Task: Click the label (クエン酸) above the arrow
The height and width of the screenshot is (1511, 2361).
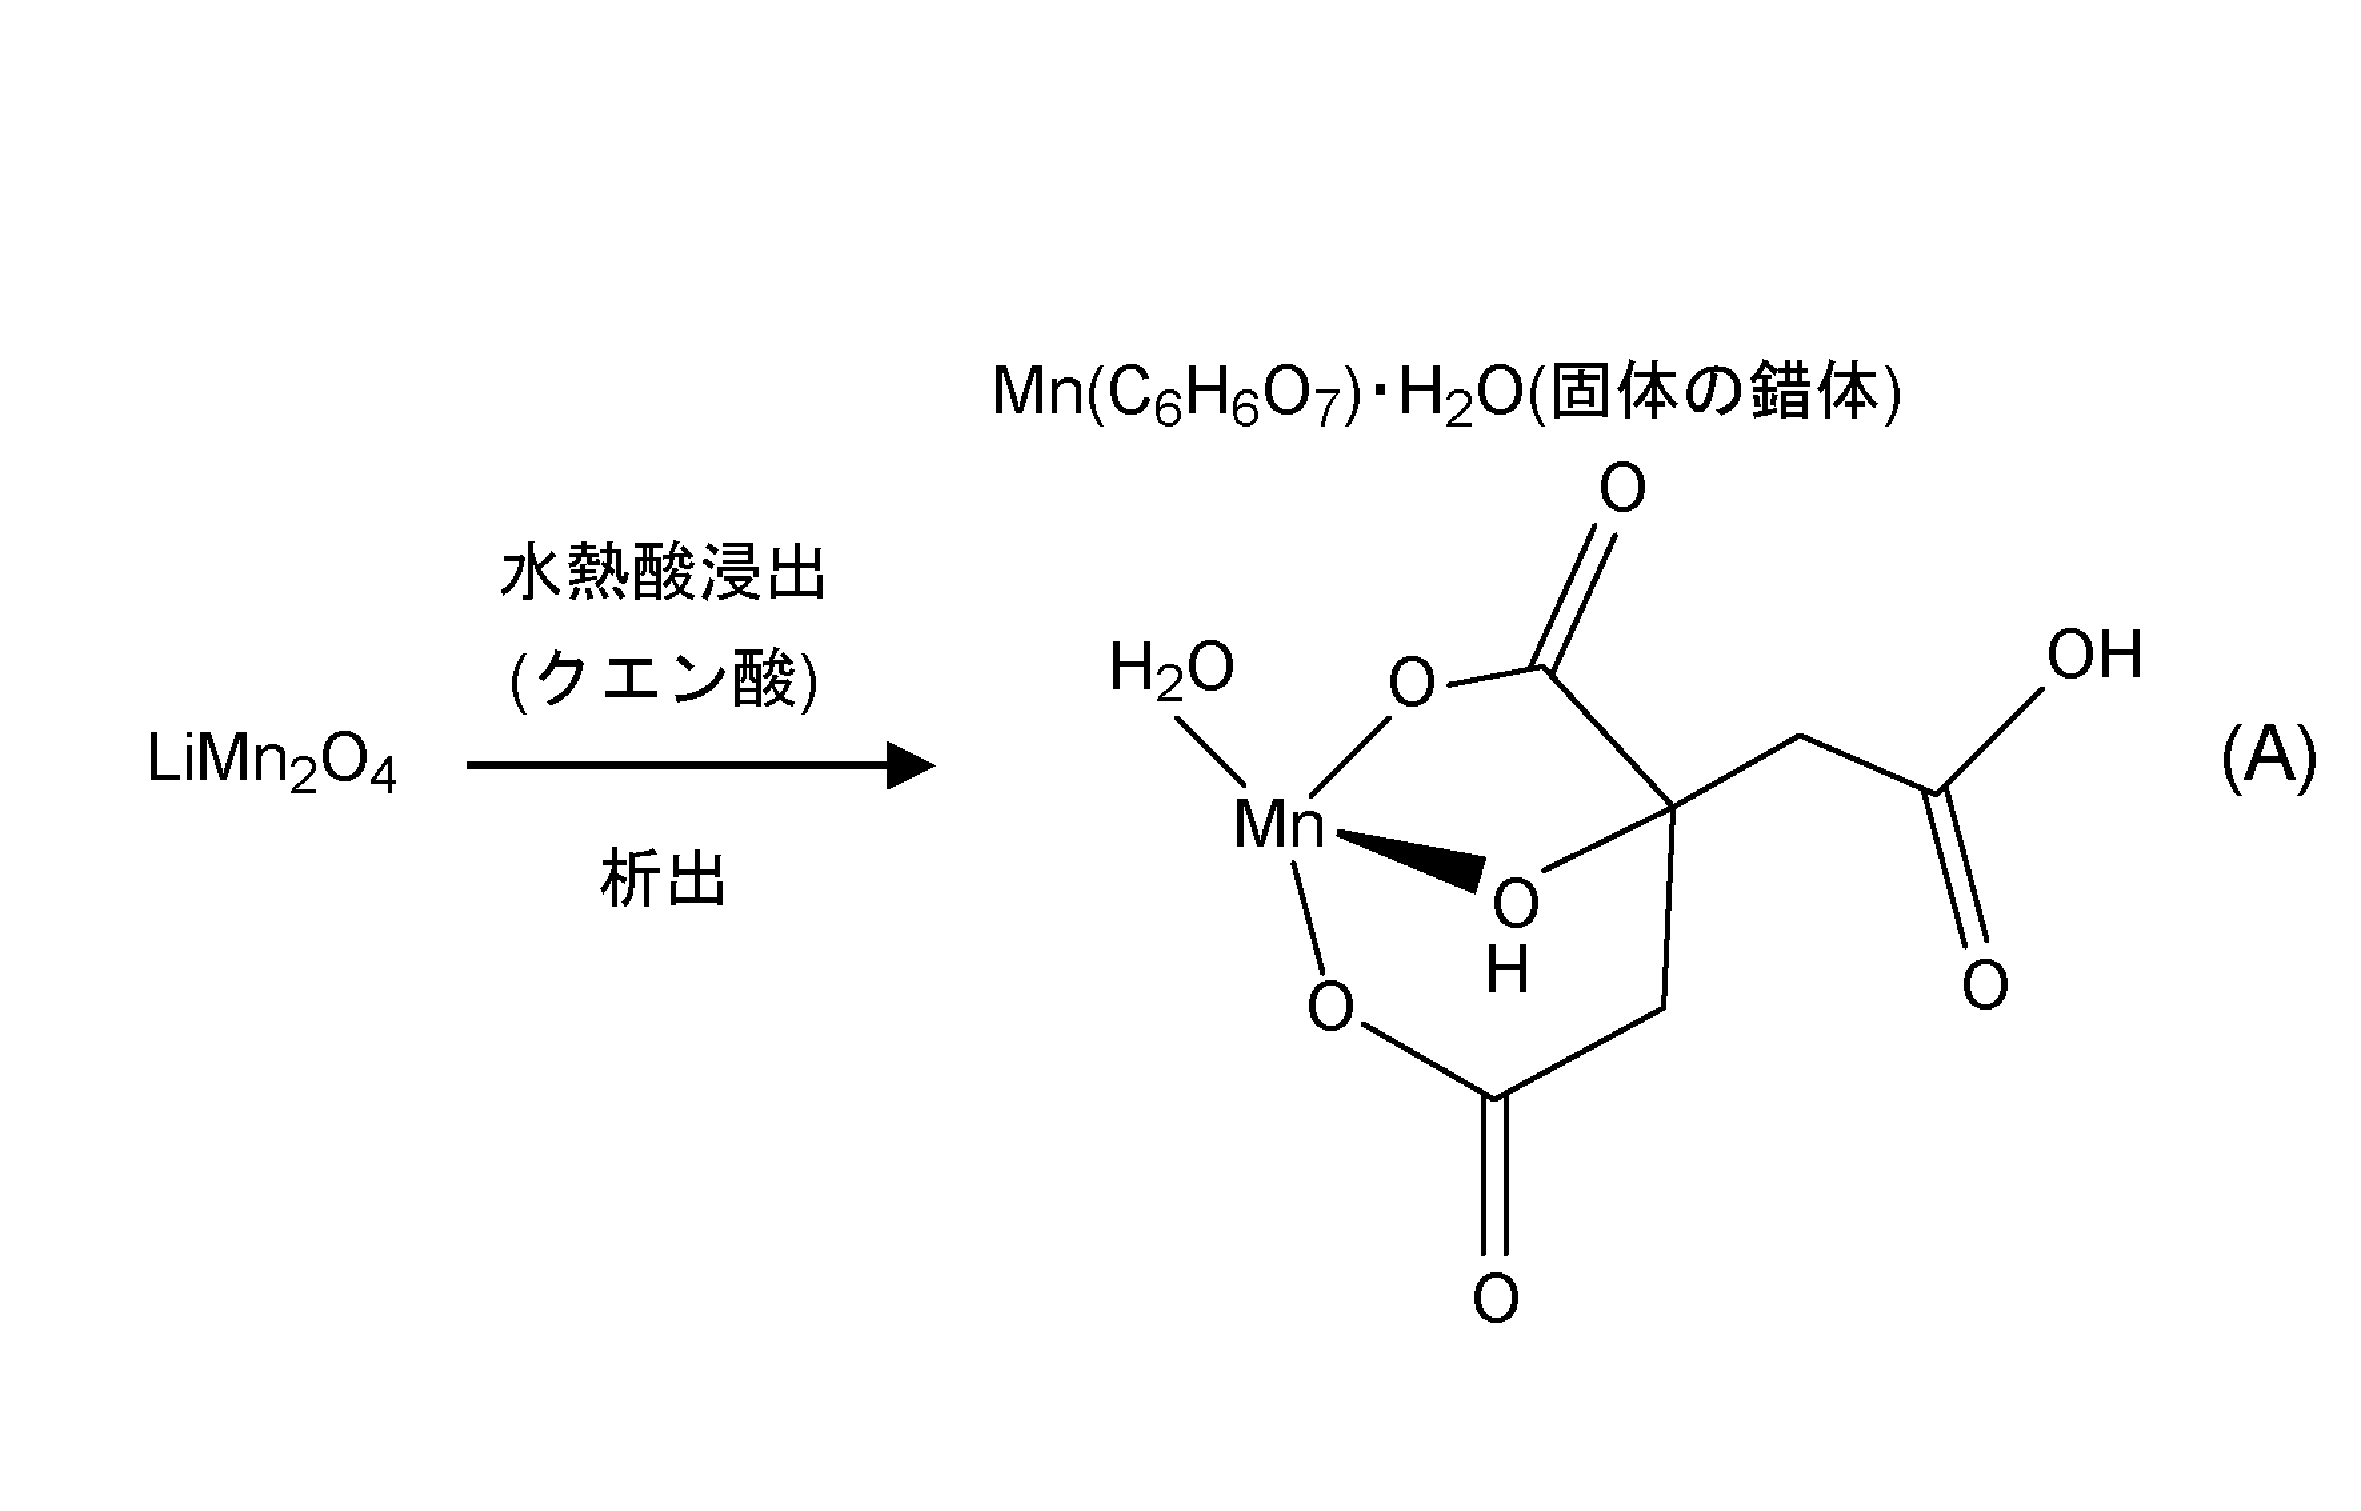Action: coord(663,682)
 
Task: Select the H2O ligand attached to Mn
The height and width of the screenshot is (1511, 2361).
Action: coord(1171,669)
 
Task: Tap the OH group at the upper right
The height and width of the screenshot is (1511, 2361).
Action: coord(2094,655)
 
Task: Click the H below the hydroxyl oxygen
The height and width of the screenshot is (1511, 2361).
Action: coord(1508,971)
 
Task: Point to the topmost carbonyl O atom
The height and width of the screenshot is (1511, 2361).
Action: coord(1622,489)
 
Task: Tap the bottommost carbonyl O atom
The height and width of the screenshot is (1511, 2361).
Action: coord(1496,1298)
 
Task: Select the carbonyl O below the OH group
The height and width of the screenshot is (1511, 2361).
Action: coord(1984,985)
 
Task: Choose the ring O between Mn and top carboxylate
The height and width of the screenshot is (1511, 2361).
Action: coord(1412,683)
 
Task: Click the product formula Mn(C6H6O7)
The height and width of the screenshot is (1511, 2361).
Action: coord(1176,393)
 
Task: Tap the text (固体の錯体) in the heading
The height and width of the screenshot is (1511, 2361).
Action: coord(1715,393)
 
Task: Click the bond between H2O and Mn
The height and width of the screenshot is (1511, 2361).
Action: coord(1207,747)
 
